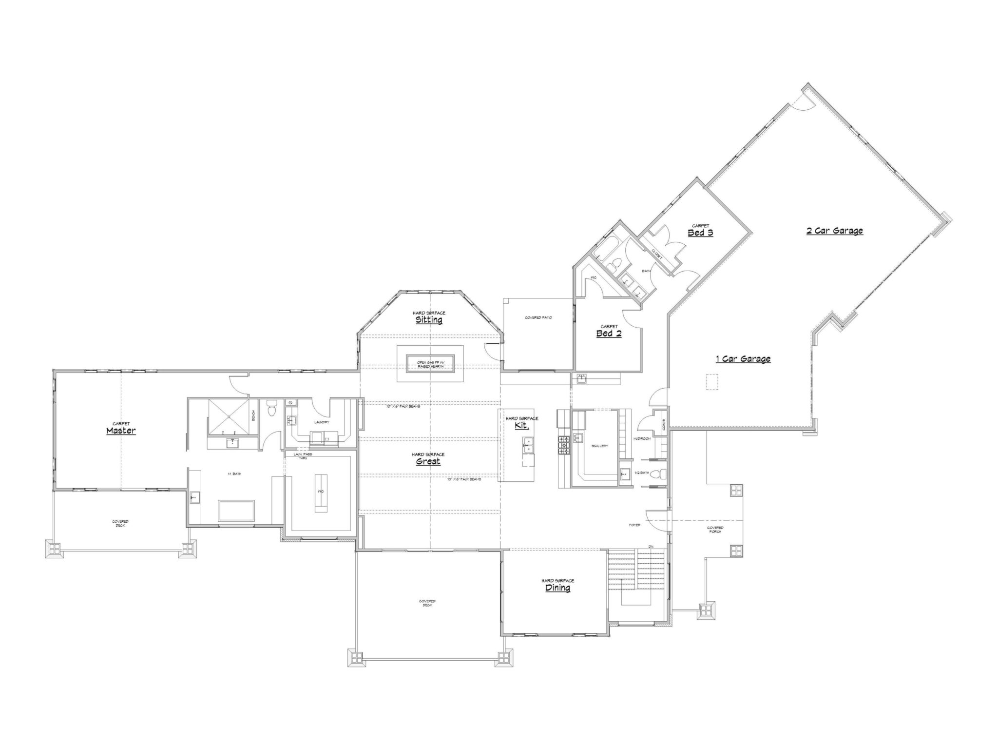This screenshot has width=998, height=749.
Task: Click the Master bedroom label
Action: pyautogui.click(x=121, y=431)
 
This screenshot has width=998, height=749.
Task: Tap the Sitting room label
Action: pyautogui.click(x=429, y=320)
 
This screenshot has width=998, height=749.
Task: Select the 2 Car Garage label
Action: pyautogui.click(x=834, y=231)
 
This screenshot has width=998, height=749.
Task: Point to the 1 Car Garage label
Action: pyautogui.click(x=743, y=359)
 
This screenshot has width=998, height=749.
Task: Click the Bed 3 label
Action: pyautogui.click(x=700, y=233)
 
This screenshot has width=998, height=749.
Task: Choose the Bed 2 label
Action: pyautogui.click(x=609, y=334)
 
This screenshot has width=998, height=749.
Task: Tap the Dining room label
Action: pyautogui.click(x=557, y=588)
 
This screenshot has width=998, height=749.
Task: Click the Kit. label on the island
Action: pyautogui.click(x=521, y=425)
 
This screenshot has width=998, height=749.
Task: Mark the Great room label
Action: pyautogui.click(x=428, y=461)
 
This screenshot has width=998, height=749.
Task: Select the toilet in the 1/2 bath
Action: pyautogui.click(x=656, y=473)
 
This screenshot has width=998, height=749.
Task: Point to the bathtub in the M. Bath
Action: pyautogui.click(x=236, y=511)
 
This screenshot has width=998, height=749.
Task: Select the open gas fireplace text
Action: pyautogui.click(x=430, y=364)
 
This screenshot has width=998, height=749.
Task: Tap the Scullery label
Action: pyautogui.click(x=599, y=446)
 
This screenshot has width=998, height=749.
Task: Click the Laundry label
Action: pyautogui.click(x=322, y=422)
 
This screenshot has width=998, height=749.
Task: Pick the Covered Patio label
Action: pyautogui.click(x=538, y=317)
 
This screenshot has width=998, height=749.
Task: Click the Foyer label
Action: pyautogui.click(x=634, y=525)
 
